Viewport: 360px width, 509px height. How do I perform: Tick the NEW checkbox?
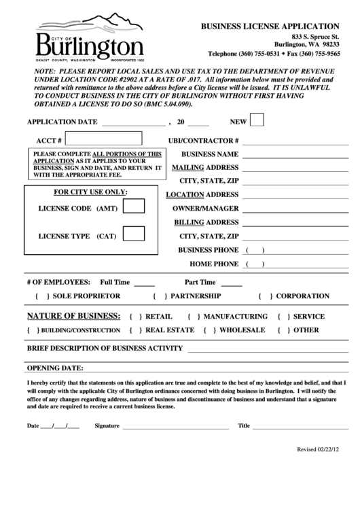(257, 120)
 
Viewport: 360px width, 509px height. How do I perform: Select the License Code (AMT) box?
(133, 206)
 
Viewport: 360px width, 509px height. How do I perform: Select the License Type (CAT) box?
(133, 234)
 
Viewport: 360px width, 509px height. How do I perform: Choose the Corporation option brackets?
(266, 296)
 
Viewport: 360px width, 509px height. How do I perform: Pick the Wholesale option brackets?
(208, 330)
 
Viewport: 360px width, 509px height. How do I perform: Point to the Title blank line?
(300, 427)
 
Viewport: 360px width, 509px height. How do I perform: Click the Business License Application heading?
(270, 25)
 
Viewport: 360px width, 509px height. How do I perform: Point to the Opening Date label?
(54, 368)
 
